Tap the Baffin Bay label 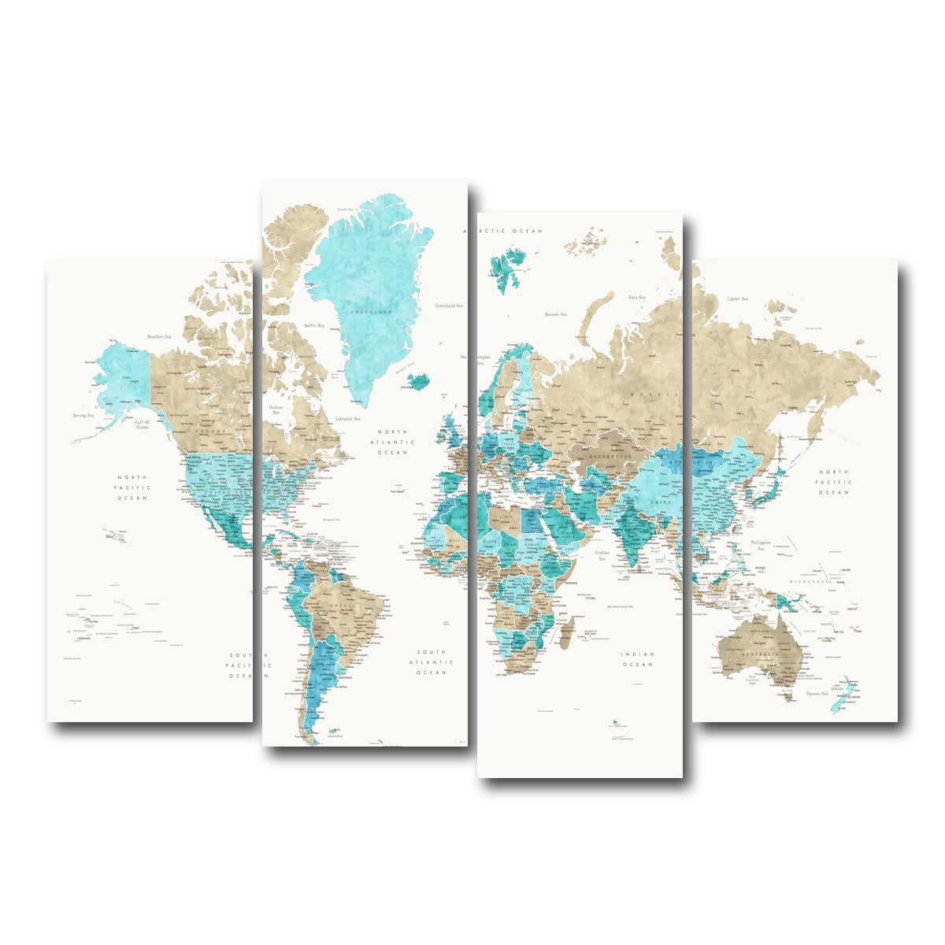[x=315, y=324]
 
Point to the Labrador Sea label [x=347, y=418]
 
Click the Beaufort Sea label [x=159, y=336]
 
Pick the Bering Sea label [x=83, y=415]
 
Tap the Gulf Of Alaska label [x=142, y=426]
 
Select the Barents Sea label [x=555, y=313]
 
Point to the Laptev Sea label [x=738, y=298]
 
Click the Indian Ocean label [x=637, y=659]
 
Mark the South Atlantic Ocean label [x=432, y=662]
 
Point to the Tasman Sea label [x=816, y=694]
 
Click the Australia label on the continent [x=757, y=655]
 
